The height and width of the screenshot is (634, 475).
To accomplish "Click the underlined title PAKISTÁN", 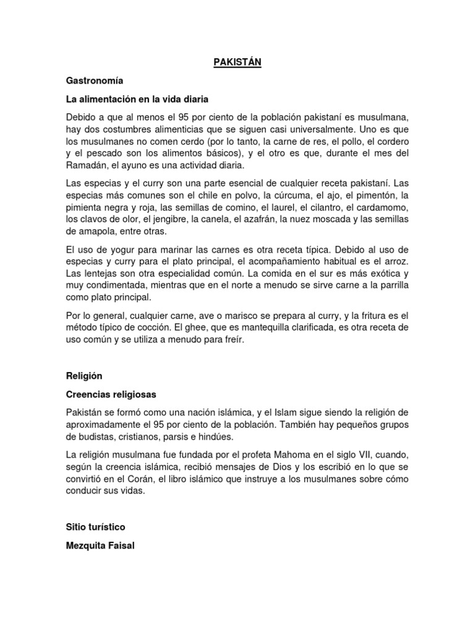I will [x=237, y=63].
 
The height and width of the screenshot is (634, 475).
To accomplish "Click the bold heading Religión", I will [x=84, y=376].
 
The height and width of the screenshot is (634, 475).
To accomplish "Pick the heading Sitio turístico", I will [x=96, y=527].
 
